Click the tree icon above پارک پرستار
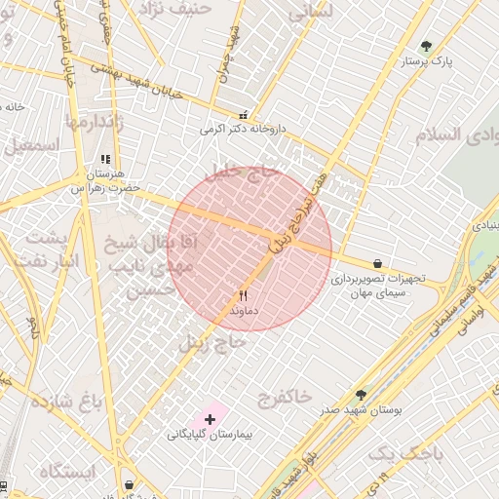coord(426,46)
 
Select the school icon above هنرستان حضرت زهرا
coord(105,160)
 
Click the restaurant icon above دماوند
coord(244,295)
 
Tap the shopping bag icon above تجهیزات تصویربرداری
coord(377,263)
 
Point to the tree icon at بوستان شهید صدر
coord(362,395)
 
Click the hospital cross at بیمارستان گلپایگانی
coord(210,418)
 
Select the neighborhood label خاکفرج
coord(284,396)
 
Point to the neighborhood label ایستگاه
coord(68,472)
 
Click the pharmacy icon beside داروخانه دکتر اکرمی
coord(243,114)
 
